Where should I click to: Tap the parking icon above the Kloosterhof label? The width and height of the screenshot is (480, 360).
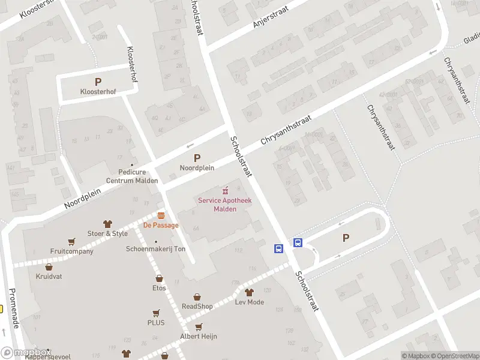tap(98, 82)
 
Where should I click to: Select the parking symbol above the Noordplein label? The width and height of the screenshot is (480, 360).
tap(197, 158)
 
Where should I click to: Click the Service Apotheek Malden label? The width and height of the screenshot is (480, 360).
tap(225, 204)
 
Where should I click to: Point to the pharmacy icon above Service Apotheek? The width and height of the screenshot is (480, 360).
tap(226, 190)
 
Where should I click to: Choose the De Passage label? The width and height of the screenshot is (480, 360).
tap(160, 226)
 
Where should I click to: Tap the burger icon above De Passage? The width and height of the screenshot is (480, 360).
tap(160, 215)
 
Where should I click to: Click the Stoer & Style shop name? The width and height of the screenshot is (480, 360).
tap(108, 233)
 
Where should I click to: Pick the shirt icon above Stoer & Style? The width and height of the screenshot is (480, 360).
tap(108, 224)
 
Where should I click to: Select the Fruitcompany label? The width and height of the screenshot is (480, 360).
tap(72, 251)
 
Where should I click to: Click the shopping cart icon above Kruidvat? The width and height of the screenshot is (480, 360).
tap(49, 266)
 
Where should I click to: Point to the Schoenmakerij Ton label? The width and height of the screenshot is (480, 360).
tap(156, 249)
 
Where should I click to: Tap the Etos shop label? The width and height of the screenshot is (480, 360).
tap(159, 288)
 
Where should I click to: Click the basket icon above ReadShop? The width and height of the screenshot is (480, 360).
tap(197, 296)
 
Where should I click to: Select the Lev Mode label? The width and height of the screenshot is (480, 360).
tap(250, 302)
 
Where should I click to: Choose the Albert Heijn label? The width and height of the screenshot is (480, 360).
tap(199, 337)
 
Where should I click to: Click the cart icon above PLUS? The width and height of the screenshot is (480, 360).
tap(156, 313)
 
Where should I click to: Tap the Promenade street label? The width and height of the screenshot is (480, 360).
tap(15, 308)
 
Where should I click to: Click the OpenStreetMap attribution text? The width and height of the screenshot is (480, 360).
tap(452, 356)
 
